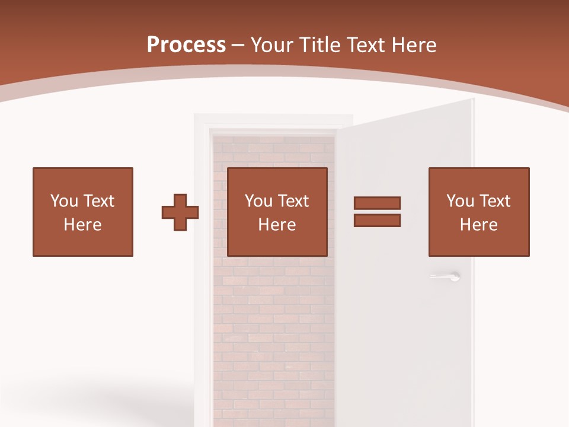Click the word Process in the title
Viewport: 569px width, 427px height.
point(186,45)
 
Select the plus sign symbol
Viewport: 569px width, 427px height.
point(180,212)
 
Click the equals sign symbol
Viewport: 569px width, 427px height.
point(377,212)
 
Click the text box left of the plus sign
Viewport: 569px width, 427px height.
point(83,212)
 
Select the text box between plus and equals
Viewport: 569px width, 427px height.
point(277,212)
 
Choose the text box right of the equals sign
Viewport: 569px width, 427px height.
point(479,212)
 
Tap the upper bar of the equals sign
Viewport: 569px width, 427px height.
point(377,203)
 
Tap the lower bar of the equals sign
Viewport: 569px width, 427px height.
point(377,221)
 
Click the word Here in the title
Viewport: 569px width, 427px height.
point(415,45)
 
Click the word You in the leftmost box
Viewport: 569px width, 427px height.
point(64,201)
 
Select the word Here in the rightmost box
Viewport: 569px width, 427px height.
point(479,225)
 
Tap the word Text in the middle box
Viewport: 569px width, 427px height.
point(293,201)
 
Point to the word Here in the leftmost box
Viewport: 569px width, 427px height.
point(83,225)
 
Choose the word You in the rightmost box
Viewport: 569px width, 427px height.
point(460,201)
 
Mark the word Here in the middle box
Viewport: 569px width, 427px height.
point(277,225)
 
